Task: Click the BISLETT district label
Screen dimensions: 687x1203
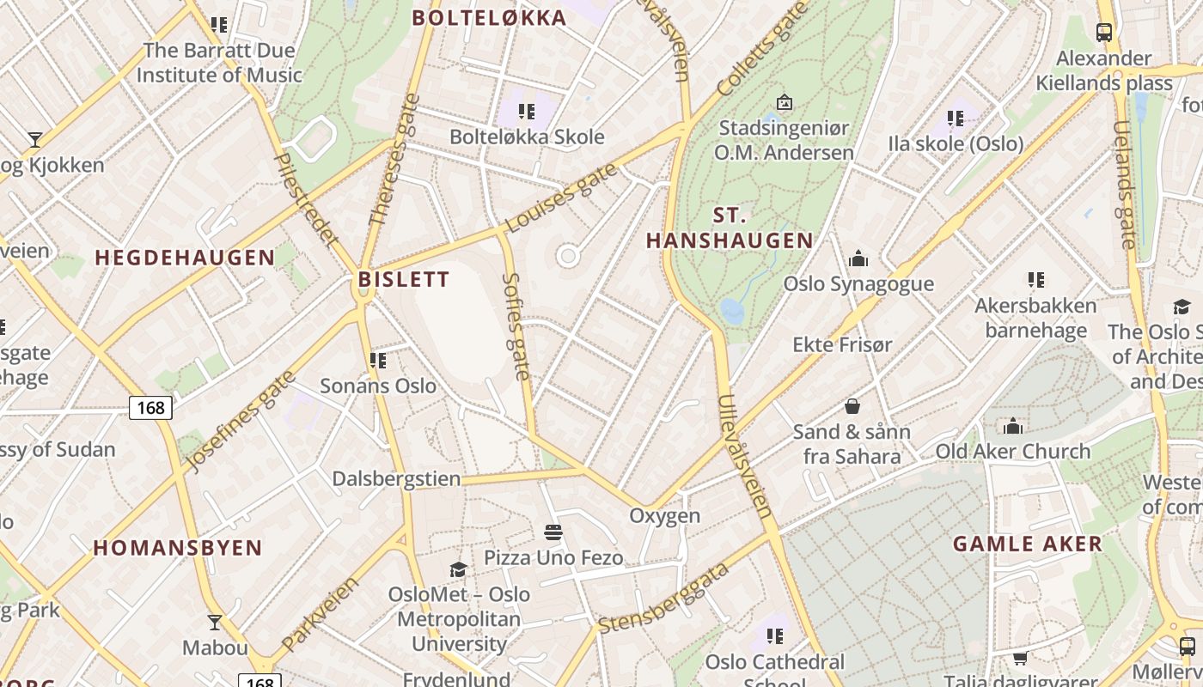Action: [x=403, y=279]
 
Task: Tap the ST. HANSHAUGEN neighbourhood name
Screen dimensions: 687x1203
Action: [x=729, y=228]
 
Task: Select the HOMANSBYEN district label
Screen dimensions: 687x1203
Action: [x=178, y=548]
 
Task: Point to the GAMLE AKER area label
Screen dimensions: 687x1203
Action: [x=1027, y=544]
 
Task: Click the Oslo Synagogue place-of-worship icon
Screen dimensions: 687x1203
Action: [x=858, y=258]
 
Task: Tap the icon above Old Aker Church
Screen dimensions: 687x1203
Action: [x=1012, y=426]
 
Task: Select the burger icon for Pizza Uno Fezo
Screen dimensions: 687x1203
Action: [x=553, y=532]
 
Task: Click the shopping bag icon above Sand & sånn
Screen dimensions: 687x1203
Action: [x=852, y=405]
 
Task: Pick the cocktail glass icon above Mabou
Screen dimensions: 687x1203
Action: [x=215, y=622]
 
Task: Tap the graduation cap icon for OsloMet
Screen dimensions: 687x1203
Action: [x=458, y=569]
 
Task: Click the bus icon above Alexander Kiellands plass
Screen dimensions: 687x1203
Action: [x=1103, y=33]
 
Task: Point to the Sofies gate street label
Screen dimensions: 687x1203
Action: [x=516, y=326]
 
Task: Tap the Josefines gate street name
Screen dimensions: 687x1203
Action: [x=241, y=421]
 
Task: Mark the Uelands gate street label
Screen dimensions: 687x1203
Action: [x=1125, y=184]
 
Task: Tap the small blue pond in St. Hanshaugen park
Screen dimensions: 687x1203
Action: [x=732, y=311]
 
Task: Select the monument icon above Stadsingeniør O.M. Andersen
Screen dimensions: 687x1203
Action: [x=784, y=102]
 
